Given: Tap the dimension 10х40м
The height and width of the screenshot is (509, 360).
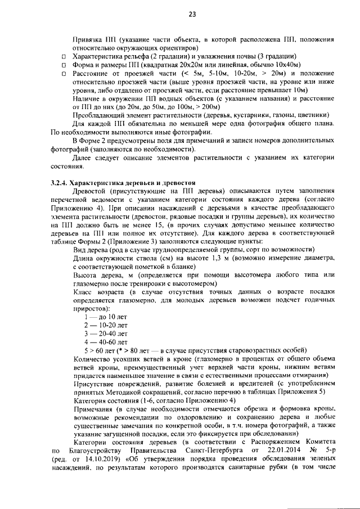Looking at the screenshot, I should pos(286,65).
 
